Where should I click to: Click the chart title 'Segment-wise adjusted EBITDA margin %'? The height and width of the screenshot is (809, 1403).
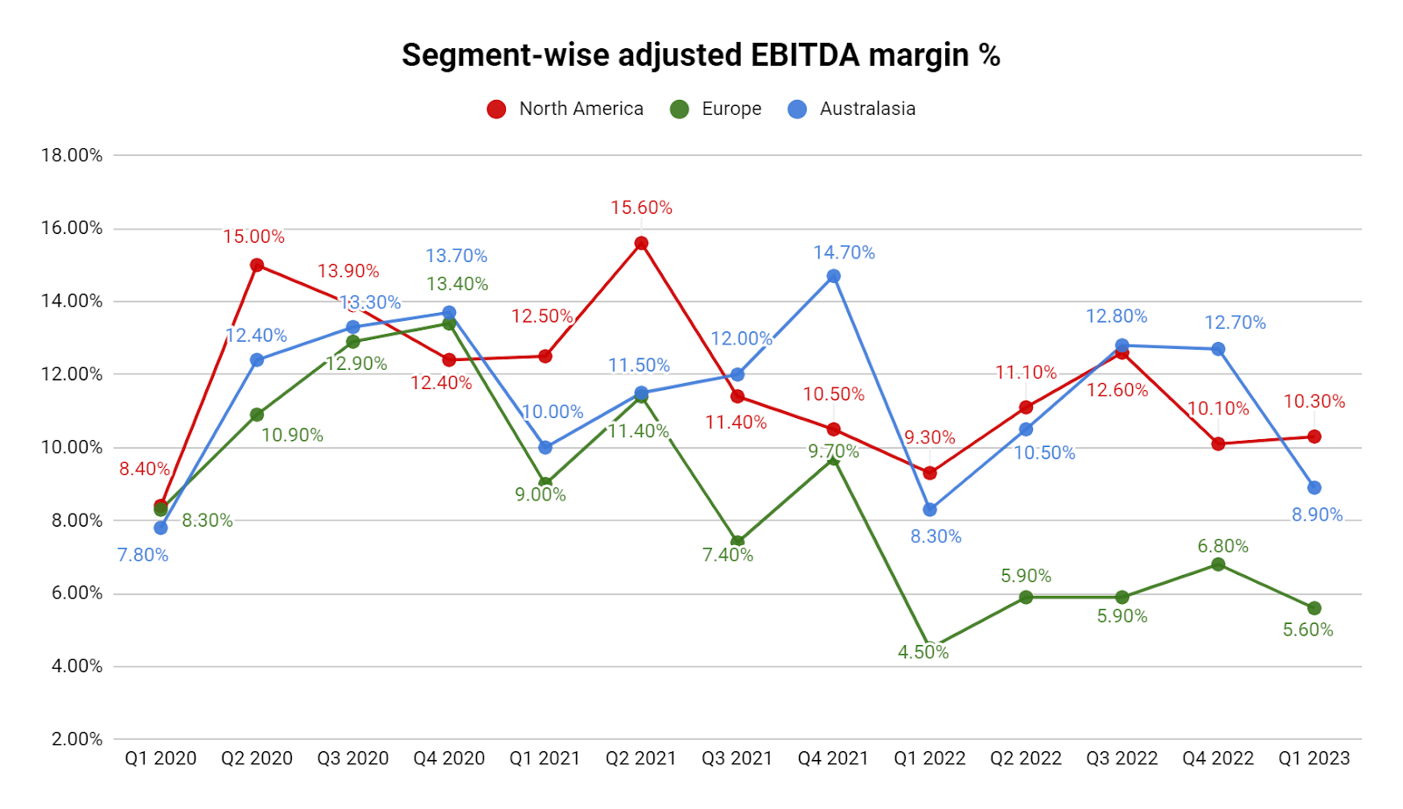point(701,55)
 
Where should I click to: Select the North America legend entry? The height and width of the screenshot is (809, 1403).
point(566,109)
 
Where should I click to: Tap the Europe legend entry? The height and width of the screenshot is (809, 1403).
point(716,109)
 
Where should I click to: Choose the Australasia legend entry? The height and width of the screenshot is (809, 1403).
point(851,109)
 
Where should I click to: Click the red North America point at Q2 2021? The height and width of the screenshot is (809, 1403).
point(641,244)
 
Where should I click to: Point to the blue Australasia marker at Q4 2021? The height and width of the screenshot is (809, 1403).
point(834,276)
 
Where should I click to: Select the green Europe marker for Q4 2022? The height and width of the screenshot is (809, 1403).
point(1218,564)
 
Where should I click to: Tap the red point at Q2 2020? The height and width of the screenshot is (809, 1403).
point(257,265)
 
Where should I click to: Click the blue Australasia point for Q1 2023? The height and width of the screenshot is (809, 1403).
point(1314,487)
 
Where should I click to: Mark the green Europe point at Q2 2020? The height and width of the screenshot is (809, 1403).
point(257,415)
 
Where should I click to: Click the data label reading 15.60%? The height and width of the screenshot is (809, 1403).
point(641,208)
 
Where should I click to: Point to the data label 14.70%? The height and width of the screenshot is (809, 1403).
point(844,252)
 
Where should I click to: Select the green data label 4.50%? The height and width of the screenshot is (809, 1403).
point(922,652)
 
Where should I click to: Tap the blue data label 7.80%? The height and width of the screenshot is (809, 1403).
point(143,555)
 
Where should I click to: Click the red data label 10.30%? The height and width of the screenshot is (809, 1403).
point(1314,401)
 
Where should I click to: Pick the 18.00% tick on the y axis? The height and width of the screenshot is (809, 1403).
point(72,155)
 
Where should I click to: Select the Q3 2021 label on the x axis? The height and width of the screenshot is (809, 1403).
point(737,758)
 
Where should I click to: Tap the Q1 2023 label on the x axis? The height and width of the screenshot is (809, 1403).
point(1314,758)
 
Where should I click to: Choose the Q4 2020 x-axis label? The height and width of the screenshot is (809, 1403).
point(449,758)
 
